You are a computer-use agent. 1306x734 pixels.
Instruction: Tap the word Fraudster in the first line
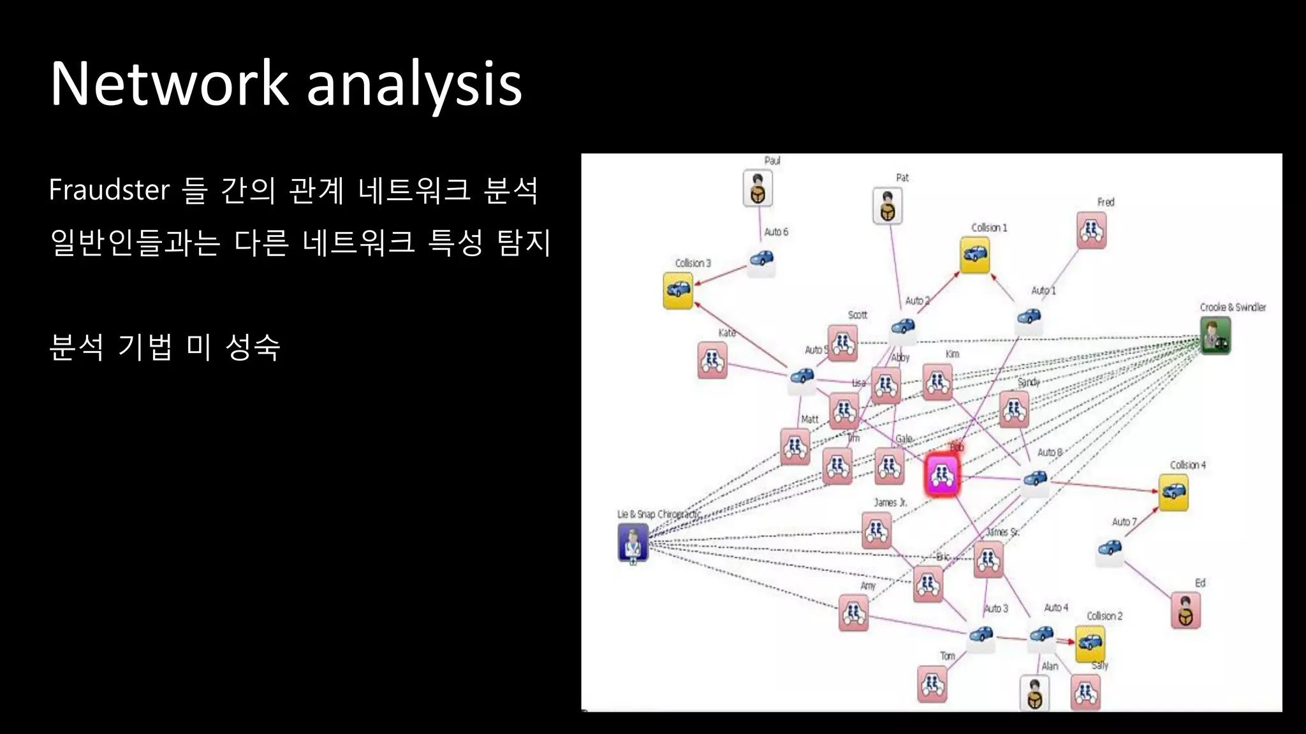109,190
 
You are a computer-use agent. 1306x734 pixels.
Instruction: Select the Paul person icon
758,189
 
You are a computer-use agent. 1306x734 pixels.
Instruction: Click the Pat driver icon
887,206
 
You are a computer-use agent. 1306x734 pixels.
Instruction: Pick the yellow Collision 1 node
974,255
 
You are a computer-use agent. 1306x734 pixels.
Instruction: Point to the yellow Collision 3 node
677,291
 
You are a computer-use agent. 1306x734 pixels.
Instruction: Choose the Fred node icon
1091,230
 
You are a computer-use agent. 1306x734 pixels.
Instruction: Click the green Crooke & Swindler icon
1215,336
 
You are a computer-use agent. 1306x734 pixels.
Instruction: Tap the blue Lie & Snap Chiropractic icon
633,542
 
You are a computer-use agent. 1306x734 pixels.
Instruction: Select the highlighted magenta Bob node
942,475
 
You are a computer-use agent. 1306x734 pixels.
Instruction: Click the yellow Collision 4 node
1173,492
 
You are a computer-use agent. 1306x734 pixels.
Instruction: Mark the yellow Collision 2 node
1089,643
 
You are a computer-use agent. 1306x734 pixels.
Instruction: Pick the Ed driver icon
1185,610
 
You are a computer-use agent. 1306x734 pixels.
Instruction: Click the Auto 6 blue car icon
761,259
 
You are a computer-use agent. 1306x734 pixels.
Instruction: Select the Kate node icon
712,361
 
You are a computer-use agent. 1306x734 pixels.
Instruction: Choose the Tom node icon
932,684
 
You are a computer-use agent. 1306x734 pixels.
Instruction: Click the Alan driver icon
1034,694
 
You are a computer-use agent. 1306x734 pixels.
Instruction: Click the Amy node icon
853,613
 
